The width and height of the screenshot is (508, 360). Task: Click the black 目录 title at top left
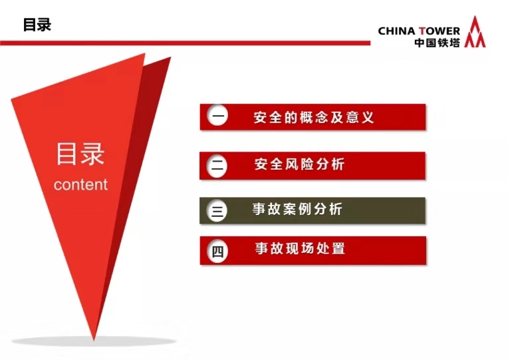click(x=37, y=25)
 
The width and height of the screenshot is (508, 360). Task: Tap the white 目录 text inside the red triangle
click(x=80, y=154)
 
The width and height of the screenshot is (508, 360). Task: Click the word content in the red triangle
click(x=80, y=184)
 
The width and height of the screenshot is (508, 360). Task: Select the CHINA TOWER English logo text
click(x=419, y=31)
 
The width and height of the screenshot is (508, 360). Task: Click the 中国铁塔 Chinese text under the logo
click(x=437, y=43)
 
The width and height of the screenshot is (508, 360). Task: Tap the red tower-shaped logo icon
click(x=475, y=32)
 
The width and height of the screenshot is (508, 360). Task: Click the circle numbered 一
click(x=217, y=116)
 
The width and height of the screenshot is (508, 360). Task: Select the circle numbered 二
click(x=217, y=166)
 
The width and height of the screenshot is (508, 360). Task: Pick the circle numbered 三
click(x=217, y=211)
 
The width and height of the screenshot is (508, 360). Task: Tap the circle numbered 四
click(x=217, y=251)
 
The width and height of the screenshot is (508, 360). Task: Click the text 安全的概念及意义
click(x=314, y=117)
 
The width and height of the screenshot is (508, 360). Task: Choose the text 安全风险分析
click(x=299, y=164)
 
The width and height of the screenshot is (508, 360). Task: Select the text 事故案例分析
click(x=297, y=209)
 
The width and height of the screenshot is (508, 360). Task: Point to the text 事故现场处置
click(x=300, y=248)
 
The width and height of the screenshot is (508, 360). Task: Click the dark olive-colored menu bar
click(x=313, y=210)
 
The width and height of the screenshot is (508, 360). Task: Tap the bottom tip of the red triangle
click(x=94, y=341)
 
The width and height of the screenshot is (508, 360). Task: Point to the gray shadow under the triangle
click(x=94, y=341)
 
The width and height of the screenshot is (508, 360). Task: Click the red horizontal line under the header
click(x=185, y=43)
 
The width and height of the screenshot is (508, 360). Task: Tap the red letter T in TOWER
click(x=422, y=31)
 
